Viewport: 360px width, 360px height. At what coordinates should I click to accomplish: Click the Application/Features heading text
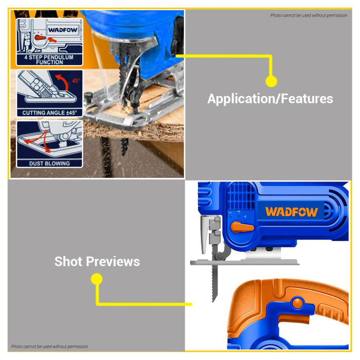(270, 99)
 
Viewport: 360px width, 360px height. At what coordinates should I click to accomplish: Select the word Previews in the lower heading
(116, 261)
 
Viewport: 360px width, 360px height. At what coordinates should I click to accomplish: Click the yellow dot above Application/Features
(271, 81)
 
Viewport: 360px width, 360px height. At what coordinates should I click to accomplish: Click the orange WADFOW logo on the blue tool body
(291, 211)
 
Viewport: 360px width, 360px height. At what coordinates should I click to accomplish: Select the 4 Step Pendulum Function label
(50, 59)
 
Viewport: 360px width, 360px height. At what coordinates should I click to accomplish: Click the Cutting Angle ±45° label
(50, 112)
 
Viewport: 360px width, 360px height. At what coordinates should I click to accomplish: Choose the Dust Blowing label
(50, 163)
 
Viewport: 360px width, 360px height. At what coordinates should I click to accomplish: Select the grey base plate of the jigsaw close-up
(244, 261)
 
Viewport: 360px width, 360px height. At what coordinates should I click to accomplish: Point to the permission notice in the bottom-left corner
(49, 347)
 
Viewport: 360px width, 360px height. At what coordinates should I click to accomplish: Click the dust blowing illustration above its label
(50, 140)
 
